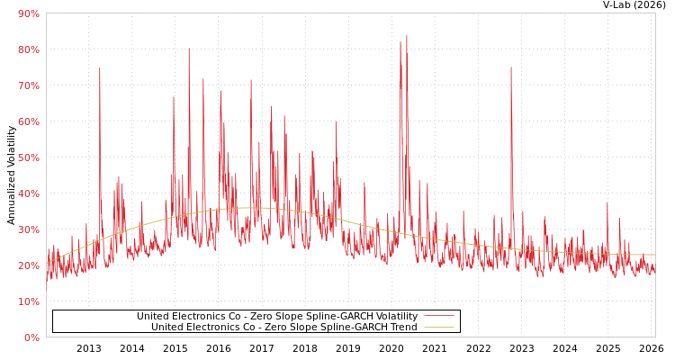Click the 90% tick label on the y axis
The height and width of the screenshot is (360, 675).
(28, 13)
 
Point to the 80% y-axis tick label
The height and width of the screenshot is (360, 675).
(28, 49)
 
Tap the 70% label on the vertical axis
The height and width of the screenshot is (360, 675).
(28, 85)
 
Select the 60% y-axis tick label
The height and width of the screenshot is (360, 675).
(28, 121)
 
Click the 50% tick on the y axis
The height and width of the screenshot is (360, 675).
(28, 157)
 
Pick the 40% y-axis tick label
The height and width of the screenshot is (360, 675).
(28, 193)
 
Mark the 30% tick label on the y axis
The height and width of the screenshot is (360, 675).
(28, 229)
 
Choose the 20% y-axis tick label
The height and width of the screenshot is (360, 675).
(28, 265)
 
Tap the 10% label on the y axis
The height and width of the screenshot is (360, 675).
(28, 301)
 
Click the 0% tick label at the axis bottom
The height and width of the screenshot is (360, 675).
(31, 337)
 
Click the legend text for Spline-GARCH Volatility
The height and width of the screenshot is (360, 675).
(277, 317)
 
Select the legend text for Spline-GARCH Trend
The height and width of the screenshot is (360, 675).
(284, 328)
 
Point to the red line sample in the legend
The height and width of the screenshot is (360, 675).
(438, 317)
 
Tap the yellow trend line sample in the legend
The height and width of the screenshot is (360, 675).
(438, 328)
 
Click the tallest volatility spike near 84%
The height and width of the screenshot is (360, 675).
(406, 37)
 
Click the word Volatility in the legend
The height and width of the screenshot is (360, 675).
(391, 317)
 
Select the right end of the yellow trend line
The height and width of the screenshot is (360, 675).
(654, 255)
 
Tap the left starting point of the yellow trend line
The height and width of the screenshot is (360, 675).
(47, 263)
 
